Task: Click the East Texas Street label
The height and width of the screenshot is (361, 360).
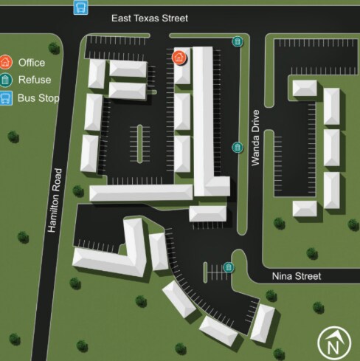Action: click(150, 18)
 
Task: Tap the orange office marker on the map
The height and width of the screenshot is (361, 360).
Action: click(179, 57)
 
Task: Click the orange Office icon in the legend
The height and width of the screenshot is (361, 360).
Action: click(6, 63)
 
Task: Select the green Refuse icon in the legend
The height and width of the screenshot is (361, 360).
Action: click(6, 80)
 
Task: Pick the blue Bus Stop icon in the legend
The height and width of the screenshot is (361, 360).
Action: click(6, 97)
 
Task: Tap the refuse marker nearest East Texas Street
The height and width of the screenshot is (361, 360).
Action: click(237, 41)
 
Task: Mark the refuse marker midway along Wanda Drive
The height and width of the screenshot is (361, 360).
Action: click(237, 147)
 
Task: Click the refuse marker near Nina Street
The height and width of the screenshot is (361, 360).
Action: click(229, 267)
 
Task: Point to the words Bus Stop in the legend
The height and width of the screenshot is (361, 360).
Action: click(38, 97)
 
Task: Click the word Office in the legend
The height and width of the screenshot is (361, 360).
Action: click(31, 63)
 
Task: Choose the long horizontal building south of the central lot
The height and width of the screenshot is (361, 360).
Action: click(140, 193)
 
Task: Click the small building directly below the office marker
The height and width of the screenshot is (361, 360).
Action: click(182, 75)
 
